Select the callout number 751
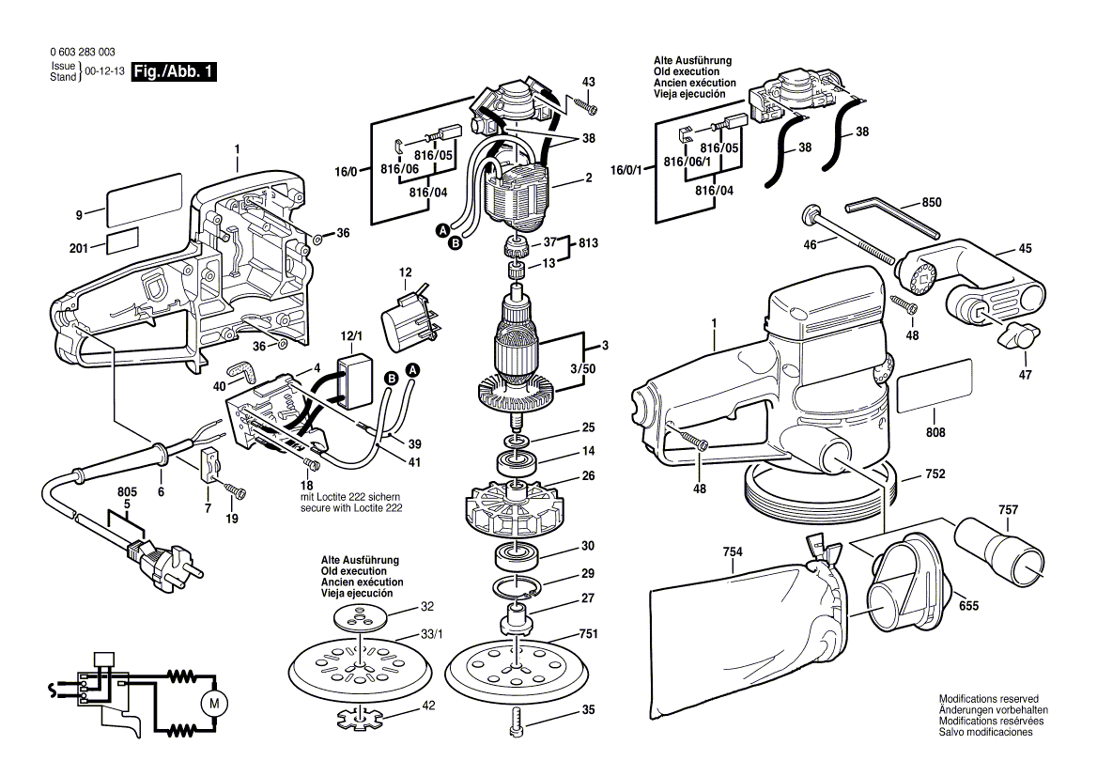click(588, 633)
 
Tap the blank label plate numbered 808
click(934, 393)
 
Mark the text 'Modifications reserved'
click(988, 700)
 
